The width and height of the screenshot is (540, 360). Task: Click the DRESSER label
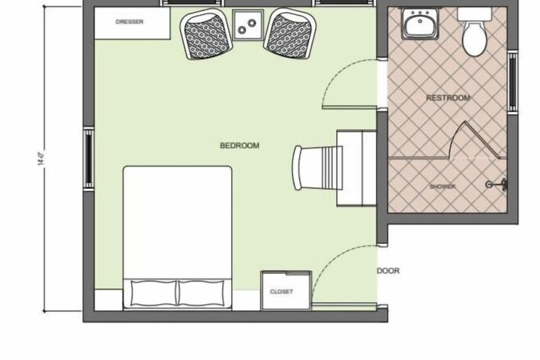point(130,22)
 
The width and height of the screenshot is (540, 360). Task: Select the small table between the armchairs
point(246,25)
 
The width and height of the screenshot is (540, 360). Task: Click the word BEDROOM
point(239,145)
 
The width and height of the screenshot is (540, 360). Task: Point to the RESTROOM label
point(448,98)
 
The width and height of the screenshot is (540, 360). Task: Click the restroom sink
point(418,25)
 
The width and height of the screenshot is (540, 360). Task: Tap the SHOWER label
point(442,186)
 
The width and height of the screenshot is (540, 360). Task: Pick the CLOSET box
point(281,290)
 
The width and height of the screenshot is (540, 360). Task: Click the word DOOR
point(388,271)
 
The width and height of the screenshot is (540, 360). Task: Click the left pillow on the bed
point(154,292)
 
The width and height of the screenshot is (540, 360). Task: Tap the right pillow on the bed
point(205,292)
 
